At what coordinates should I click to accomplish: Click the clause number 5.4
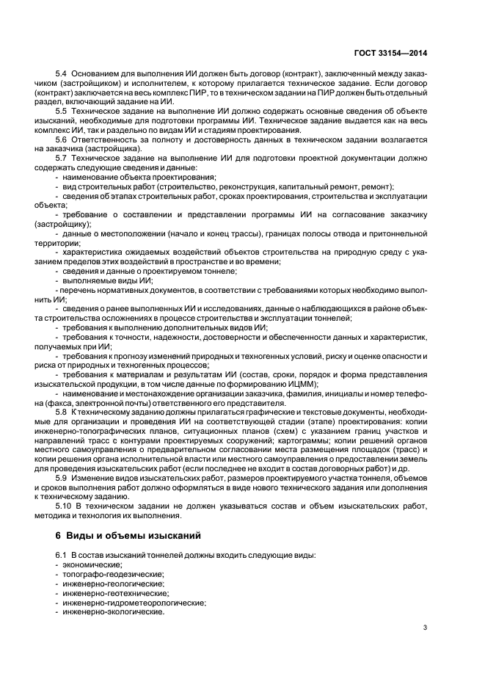[62, 74]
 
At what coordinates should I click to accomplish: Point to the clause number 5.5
[62, 110]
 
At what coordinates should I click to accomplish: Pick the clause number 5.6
[62, 139]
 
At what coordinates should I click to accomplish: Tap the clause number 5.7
[62, 157]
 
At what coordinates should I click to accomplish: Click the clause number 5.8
[62, 412]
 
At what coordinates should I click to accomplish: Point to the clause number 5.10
[64, 506]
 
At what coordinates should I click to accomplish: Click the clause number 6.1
[62, 555]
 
